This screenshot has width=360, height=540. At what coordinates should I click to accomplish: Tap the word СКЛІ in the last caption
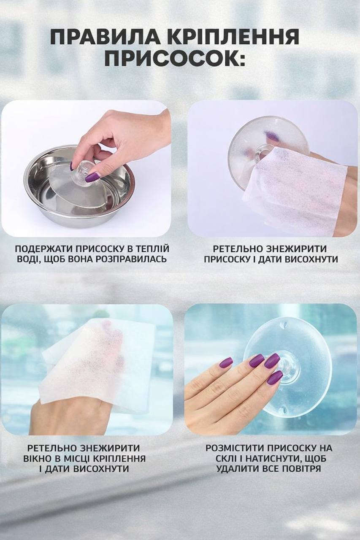(x=224, y=459)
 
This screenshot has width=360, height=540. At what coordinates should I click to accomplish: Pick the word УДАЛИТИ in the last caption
(x=236, y=469)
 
